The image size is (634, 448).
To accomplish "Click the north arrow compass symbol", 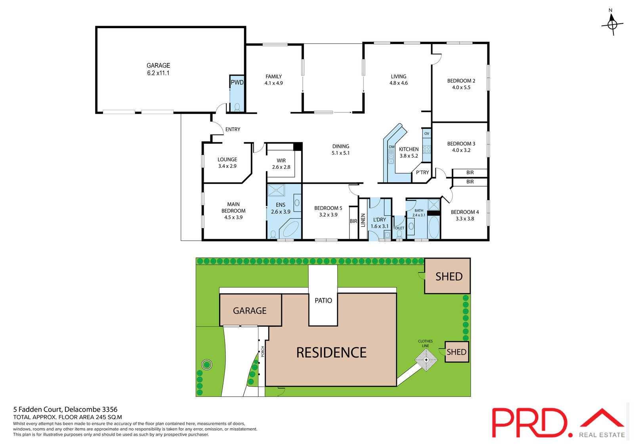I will point(612,24).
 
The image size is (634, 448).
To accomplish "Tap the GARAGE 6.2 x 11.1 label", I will point(158,69).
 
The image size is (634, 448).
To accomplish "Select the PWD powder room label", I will point(237,82).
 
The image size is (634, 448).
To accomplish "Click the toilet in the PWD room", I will point(237,107).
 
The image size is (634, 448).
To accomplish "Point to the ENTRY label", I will point(233,130).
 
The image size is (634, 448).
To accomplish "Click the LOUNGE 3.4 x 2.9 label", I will point(227,163).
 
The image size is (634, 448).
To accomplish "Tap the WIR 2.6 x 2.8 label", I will point(281,164).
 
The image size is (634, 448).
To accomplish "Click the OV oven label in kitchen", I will point(426,133).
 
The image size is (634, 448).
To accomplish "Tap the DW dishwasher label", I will point(391,147).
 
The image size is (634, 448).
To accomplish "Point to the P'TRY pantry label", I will point(422,173).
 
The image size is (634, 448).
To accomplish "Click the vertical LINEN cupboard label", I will point(363,220).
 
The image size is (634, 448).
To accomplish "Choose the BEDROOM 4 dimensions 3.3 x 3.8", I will point(465,219).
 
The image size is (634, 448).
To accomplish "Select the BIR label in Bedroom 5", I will point(353,221).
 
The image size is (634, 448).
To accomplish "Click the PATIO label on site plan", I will point(323,301).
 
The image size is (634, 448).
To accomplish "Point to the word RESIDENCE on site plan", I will point(331,353).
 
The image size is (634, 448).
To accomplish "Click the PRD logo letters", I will point(531,423).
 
